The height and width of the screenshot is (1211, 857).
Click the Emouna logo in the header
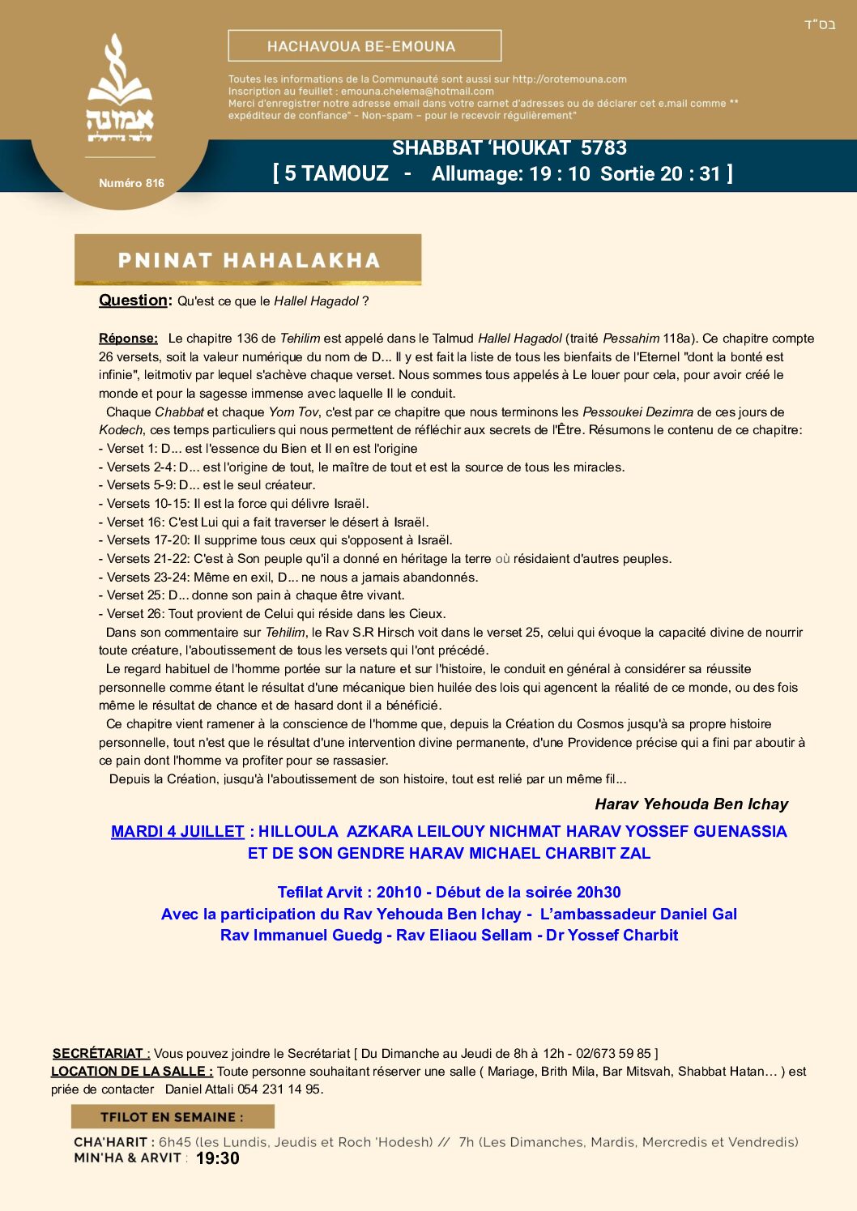click(120, 89)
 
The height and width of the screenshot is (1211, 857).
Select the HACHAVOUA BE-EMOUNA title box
click(365, 46)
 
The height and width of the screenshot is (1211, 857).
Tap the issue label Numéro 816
click(131, 183)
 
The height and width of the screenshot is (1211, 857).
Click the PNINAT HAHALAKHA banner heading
click(248, 260)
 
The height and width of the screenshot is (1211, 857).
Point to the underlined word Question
click(134, 301)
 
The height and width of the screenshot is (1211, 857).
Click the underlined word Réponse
click(128, 339)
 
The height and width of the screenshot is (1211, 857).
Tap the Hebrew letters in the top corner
click(820, 25)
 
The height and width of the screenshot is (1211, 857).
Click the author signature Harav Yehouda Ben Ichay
click(691, 804)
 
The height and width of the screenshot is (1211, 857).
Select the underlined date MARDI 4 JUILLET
click(177, 832)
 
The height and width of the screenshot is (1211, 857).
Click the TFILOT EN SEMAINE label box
click(172, 1117)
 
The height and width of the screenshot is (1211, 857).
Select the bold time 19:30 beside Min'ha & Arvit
click(218, 1158)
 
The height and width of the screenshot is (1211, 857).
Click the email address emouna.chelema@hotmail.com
click(417, 92)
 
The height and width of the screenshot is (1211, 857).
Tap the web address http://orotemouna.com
click(569, 79)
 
